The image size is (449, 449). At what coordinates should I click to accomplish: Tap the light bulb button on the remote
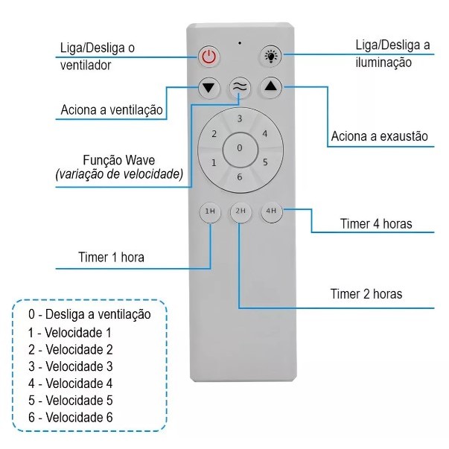click(x=270, y=56)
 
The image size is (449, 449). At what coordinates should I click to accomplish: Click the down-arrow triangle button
click(x=209, y=86)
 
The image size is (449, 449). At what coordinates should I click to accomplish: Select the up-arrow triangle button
click(x=270, y=86)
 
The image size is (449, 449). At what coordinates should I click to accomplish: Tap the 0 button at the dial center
click(x=239, y=147)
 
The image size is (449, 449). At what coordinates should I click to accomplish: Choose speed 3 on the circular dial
click(x=239, y=119)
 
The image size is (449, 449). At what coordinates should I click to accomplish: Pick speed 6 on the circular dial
click(x=239, y=176)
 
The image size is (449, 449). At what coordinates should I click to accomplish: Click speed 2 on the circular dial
click(x=214, y=134)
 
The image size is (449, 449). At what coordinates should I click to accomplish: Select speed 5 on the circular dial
click(x=264, y=162)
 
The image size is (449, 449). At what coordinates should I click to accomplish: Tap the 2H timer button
click(x=240, y=211)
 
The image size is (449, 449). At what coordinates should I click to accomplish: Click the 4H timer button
click(x=270, y=211)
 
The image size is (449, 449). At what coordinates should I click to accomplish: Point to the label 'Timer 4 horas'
click(x=376, y=223)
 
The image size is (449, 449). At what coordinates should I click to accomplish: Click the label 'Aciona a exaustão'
click(x=379, y=136)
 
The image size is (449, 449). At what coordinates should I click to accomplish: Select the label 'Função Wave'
click(x=118, y=161)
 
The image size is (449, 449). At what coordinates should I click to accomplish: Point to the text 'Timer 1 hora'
click(x=111, y=258)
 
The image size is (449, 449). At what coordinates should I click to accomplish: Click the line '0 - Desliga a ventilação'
click(x=89, y=314)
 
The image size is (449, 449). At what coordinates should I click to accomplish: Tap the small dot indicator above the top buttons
click(x=240, y=42)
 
